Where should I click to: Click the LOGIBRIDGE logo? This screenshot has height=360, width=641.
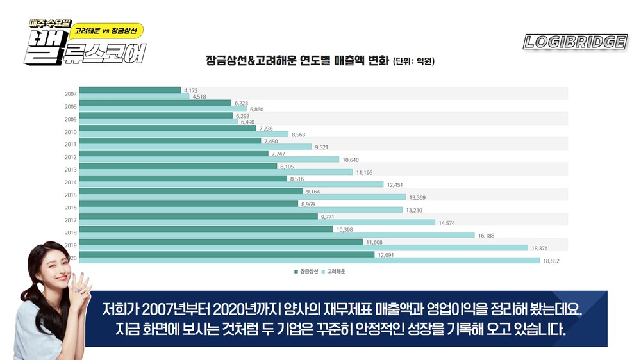point(574,42)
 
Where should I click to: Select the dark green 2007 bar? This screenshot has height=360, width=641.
point(130,90)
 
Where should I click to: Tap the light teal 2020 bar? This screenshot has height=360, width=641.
point(310,260)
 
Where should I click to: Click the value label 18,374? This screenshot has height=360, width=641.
point(537,248)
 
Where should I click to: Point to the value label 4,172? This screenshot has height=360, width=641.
point(190,90)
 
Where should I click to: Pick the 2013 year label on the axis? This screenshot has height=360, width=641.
point(71,170)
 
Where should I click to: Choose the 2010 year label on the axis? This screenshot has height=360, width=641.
point(71,132)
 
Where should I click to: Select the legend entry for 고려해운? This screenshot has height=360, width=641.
point(334,272)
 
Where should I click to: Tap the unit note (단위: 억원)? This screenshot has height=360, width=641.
point(414,61)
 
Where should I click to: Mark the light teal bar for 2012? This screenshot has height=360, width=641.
point(209,160)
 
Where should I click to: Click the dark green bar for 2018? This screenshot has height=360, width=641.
point(206,229)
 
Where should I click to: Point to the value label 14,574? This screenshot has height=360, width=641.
point(447,222)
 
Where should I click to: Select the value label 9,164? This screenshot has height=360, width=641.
point(313,191)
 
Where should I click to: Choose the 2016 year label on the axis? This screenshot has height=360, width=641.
point(71,208)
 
